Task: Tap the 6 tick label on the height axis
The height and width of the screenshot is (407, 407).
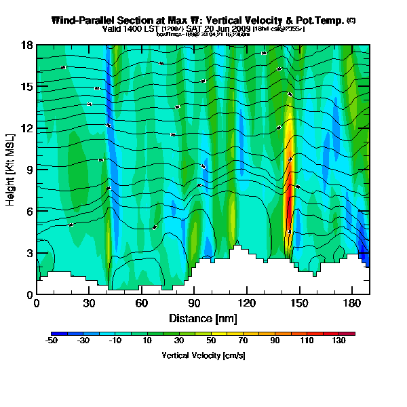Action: tap(31, 212)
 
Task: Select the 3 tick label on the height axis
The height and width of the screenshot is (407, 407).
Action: tap(31, 253)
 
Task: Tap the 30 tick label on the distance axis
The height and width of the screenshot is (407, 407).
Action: tap(89, 304)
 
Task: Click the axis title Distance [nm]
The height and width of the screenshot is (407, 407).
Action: tap(203, 318)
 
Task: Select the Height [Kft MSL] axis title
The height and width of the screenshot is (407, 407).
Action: tap(11, 170)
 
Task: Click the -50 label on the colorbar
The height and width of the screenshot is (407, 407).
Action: tap(51, 341)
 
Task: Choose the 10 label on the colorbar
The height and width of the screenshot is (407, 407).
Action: tap(147, 341)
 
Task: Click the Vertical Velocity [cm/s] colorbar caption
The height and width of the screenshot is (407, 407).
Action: tap(203, 355)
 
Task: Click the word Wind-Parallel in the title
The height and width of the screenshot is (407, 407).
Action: tap(79, 20)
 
